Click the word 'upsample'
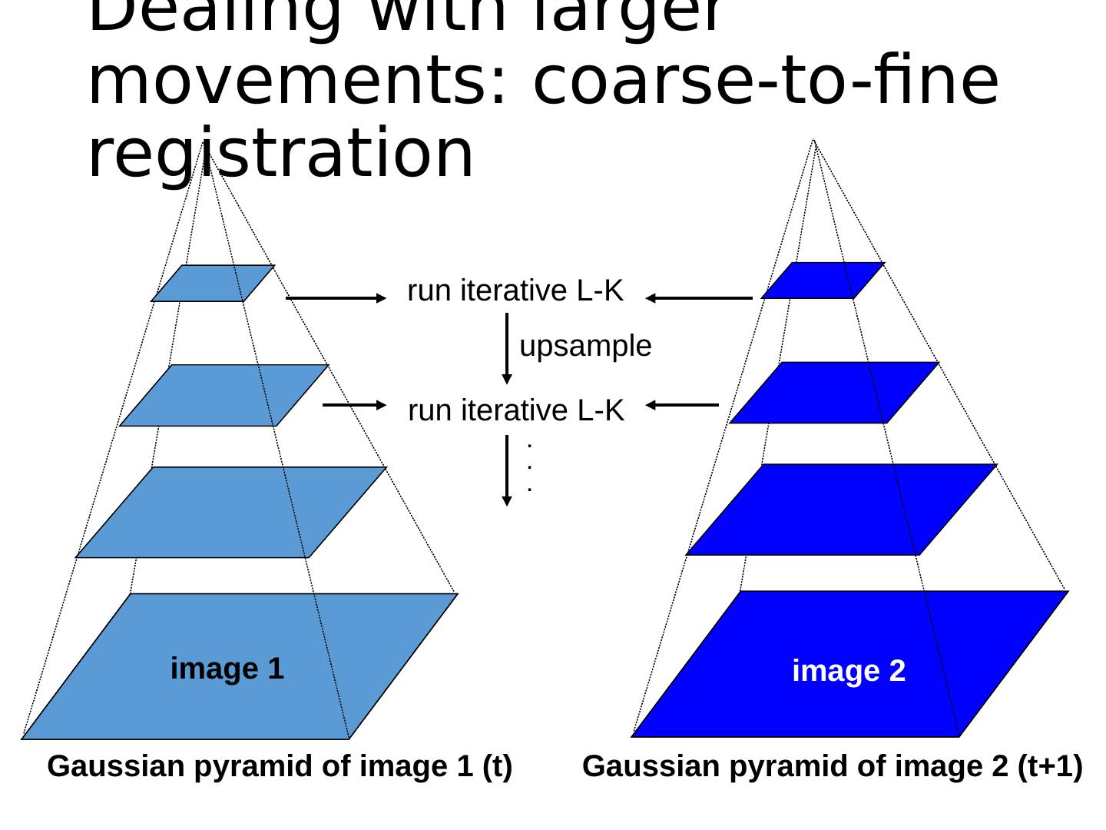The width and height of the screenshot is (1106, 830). point(585,347)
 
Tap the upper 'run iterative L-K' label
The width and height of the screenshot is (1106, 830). point(515,292)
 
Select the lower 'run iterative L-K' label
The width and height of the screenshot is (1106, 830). point(516,412)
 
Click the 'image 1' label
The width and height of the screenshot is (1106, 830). point(227,669)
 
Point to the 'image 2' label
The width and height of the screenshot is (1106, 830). point(849,672)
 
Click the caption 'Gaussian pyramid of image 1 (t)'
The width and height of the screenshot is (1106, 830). point(280,767)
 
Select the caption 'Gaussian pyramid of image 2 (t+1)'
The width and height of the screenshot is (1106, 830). point(833,767)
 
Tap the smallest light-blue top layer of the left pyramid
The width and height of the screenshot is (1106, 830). point(213,283)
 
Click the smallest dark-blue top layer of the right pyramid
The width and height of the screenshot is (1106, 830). point(823,281)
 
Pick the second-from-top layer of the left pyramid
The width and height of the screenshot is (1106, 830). point(224,395)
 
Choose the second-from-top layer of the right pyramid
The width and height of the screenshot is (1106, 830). point(833,393)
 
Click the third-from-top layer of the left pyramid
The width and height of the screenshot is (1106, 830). point(230,512)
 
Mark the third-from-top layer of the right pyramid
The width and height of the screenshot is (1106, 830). point(841,509)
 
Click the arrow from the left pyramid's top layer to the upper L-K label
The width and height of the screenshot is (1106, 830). point(336,298)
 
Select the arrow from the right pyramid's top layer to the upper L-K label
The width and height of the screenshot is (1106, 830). point(699,298)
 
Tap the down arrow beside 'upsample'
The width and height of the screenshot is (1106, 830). point(506,347)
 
